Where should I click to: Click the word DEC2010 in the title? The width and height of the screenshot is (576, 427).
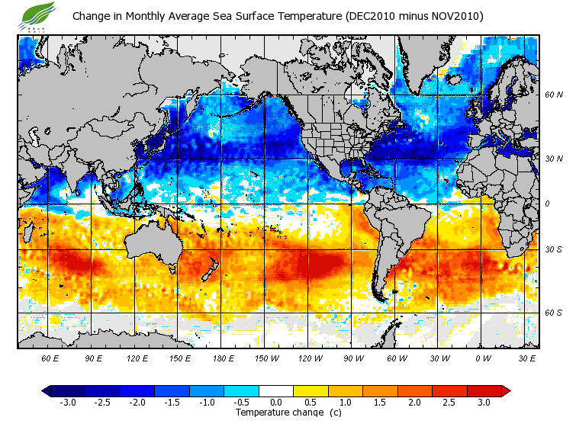pos(380,16)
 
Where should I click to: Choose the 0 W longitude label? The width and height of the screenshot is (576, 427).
pos(483,358)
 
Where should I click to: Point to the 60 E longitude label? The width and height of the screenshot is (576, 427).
pos(50,358)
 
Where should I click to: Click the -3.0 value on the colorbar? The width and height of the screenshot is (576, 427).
pos(67,403)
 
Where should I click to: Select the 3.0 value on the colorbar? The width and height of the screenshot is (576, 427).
pos(484,403)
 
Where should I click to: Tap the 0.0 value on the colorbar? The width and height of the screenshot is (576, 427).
pos(276,403)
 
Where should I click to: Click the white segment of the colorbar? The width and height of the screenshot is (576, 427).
pos(276,390)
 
